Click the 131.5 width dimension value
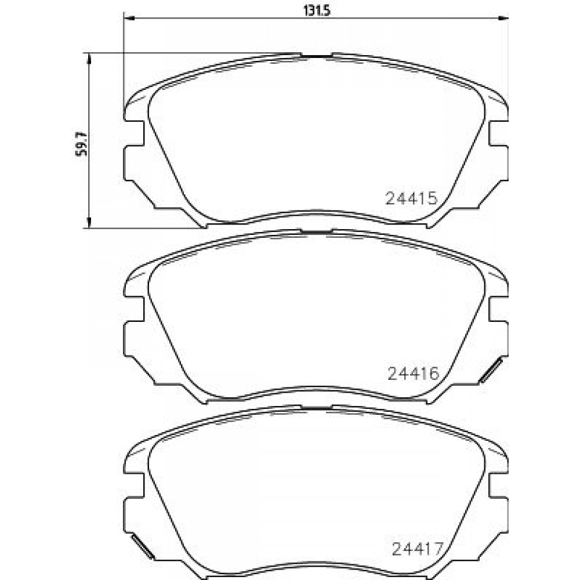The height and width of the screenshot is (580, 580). coord(317,10)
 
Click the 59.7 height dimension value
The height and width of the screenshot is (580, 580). coord(81,143)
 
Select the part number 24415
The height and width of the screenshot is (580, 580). coord(412,198)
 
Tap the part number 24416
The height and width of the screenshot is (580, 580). coord(413,374)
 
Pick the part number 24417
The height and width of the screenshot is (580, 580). coord(417,549)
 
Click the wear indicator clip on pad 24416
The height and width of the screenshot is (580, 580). coord(491,370)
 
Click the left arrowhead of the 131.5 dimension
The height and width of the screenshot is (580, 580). coord(128,17)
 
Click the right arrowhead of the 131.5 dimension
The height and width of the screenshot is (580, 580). coord(503,17)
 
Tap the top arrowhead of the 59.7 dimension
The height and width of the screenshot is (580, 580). coord(89,59)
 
